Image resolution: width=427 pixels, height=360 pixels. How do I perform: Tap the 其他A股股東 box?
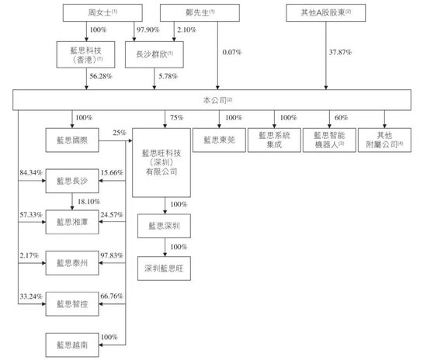(x=325, y=14)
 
